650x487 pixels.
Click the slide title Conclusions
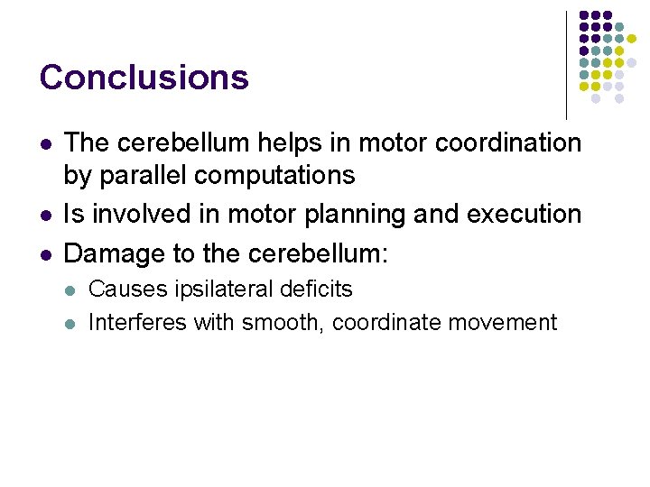click(144, 78)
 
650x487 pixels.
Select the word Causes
click(125, 289)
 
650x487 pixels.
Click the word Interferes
click(137, 322)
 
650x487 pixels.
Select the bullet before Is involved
click(44, 216)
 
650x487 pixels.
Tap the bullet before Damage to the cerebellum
click(44, 254)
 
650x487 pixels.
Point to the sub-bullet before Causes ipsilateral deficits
click(70, 290)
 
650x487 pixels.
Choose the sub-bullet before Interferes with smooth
click(70, 323)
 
